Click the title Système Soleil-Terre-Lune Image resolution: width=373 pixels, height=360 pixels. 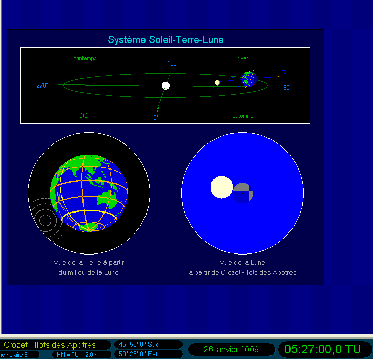(165, 40)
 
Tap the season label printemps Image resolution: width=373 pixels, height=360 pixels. (85, 58)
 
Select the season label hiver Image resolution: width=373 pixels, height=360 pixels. (242, 58)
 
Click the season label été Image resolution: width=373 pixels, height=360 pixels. (84, 116)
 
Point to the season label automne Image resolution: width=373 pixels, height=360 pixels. (243, 116)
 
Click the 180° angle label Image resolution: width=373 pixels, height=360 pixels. (173, 63)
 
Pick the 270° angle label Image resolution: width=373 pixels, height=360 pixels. (42, 86)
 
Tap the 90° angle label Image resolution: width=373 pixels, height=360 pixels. (287, 87)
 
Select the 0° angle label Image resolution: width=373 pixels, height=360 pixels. (156, 117)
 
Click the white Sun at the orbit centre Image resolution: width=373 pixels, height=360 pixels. (165, 86)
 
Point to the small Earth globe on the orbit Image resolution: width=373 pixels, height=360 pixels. (249, 79)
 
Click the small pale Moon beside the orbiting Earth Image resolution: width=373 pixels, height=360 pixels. (217, 82)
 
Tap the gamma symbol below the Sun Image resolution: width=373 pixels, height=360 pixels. (157, 109)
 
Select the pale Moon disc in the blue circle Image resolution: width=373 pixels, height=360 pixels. (221, 187)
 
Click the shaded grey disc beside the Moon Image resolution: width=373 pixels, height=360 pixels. (242, 194)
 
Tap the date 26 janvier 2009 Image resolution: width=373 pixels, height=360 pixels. (231, 349)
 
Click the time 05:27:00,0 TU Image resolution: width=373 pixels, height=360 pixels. (323, 349)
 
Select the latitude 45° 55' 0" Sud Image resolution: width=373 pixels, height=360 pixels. (139, 344)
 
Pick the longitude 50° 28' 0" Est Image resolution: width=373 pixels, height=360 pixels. (138, 354)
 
